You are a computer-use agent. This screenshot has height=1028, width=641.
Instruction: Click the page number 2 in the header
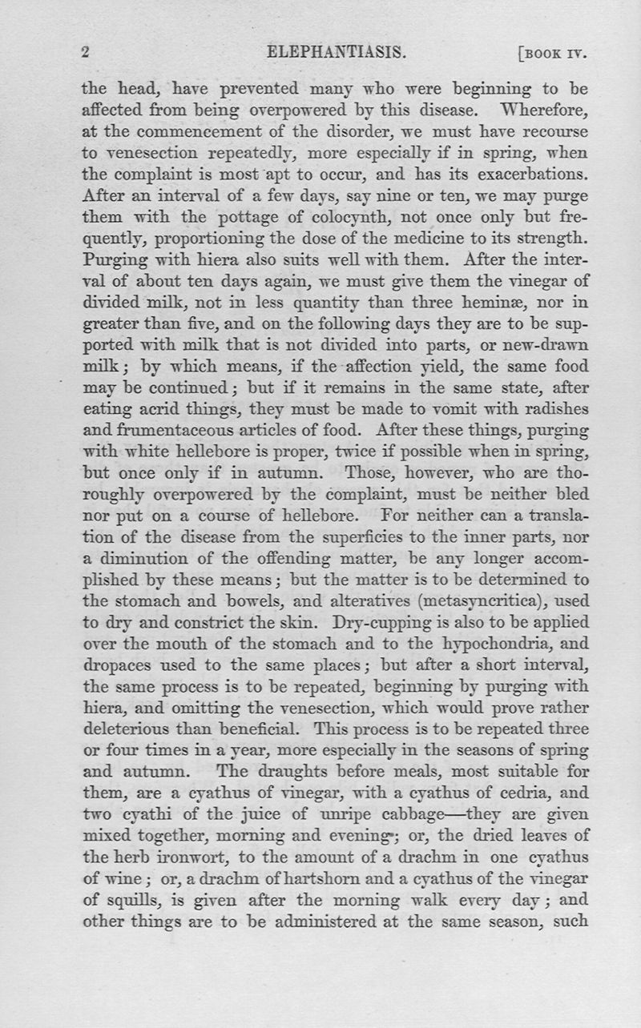point(86,54)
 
